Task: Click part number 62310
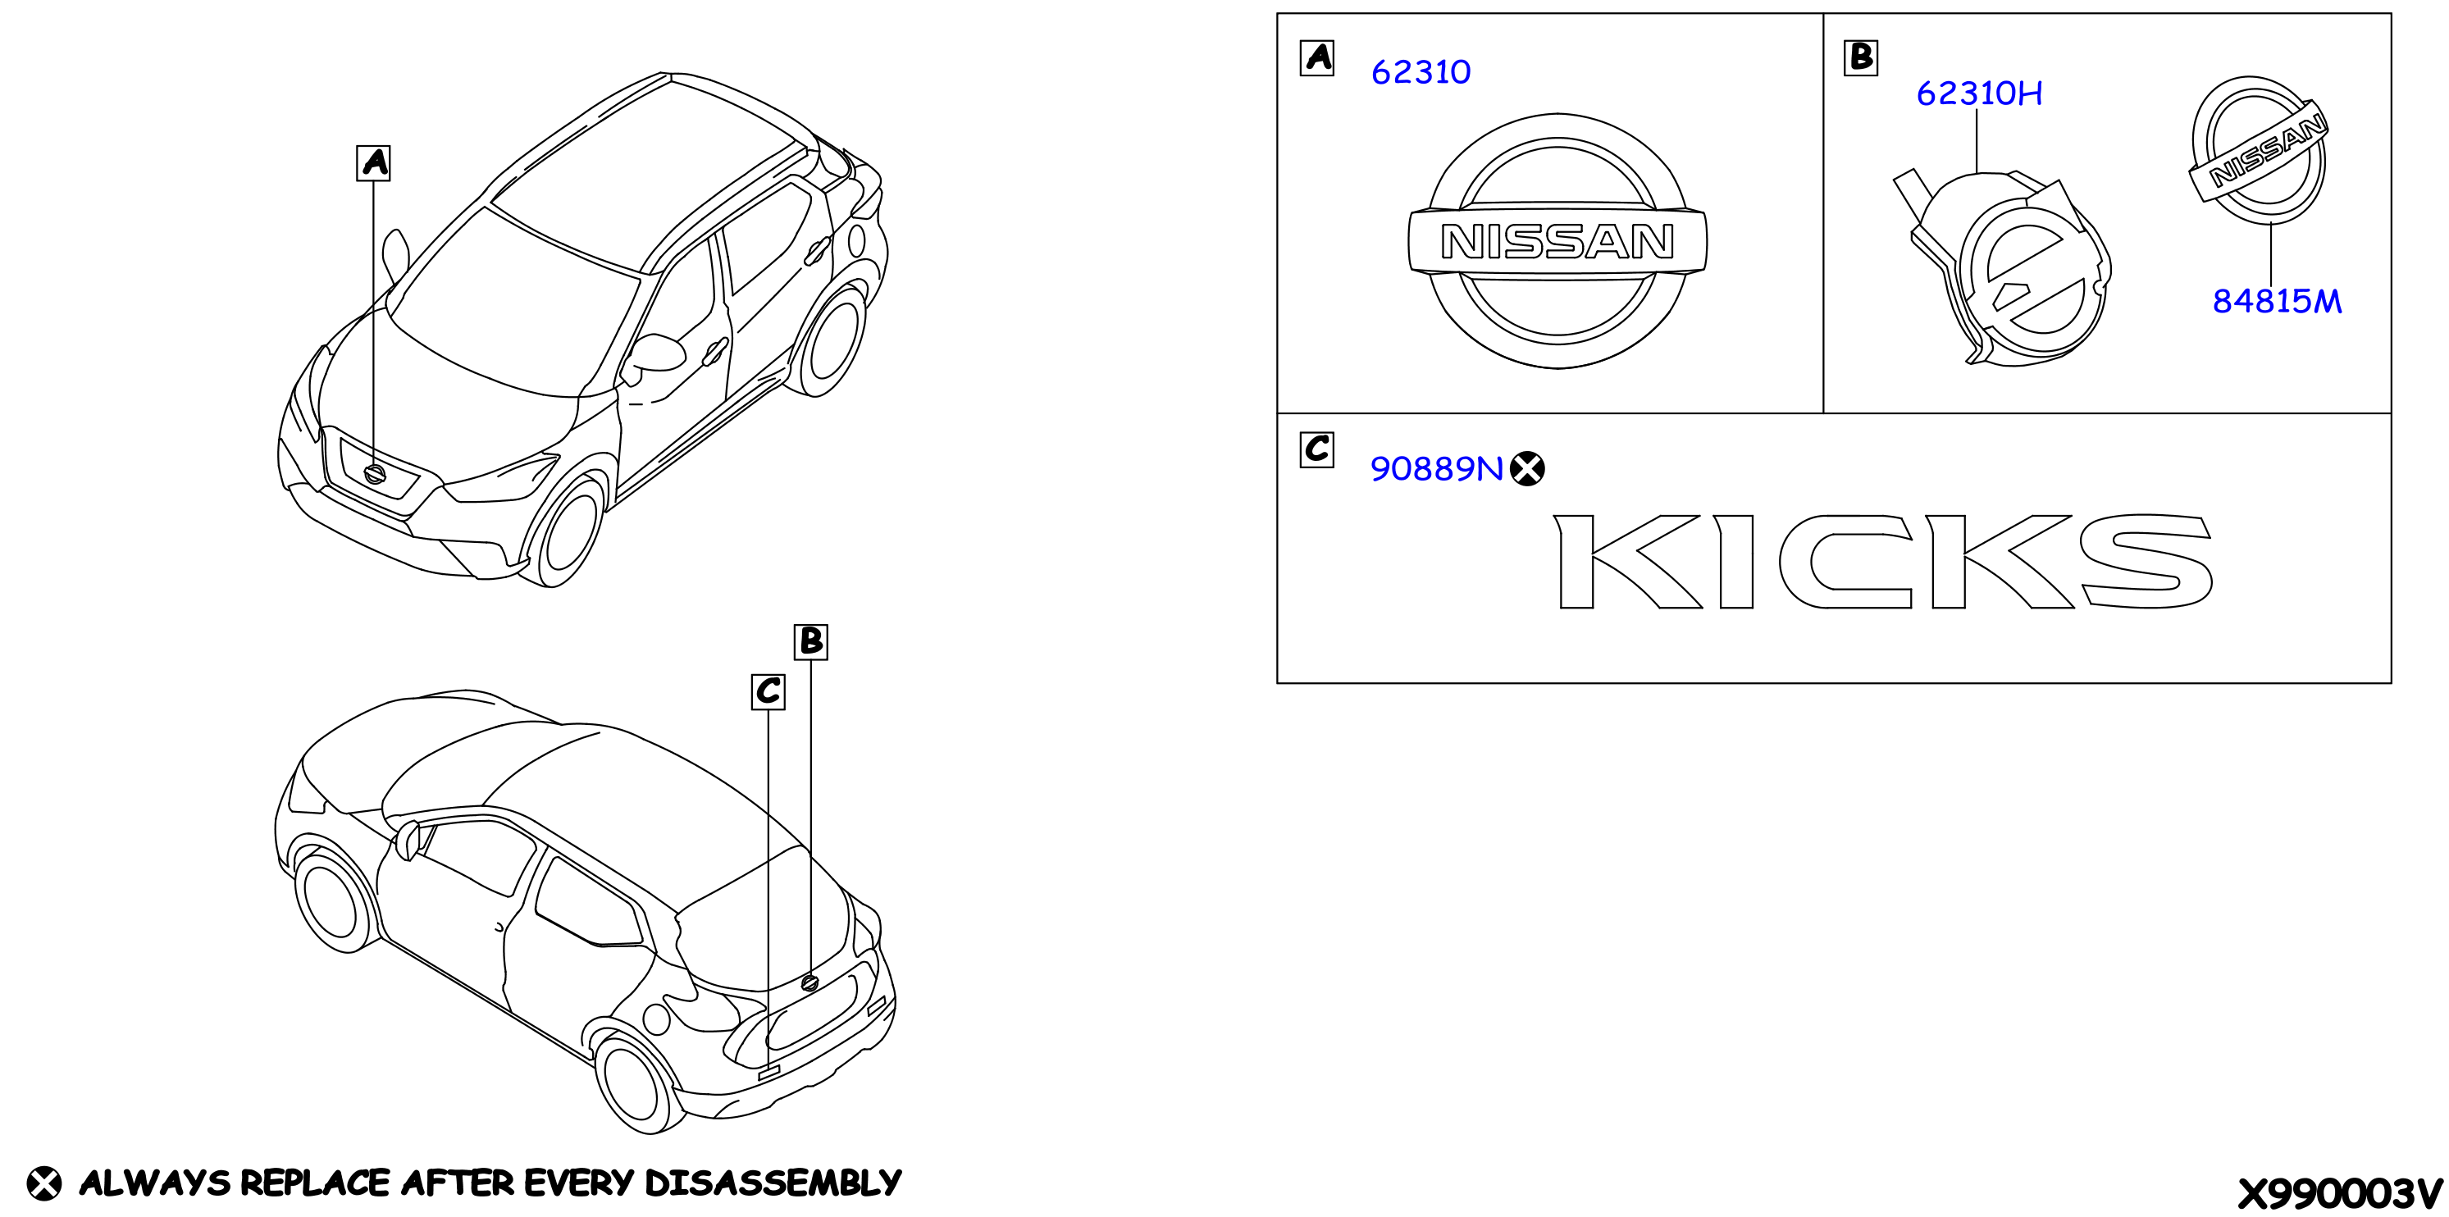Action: (1421, 72)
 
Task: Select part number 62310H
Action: (1978, 93)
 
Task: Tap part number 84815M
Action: (2277, 302)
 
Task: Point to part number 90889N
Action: (1436, 469)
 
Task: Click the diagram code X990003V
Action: (2340, 1193)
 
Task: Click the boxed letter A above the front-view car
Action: (374, 162)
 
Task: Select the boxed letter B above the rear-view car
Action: (811, 642)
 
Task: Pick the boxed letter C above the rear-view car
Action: (768, 691)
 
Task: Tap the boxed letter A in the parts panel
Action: (1316, 58)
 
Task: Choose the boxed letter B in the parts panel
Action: (1860, 58)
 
